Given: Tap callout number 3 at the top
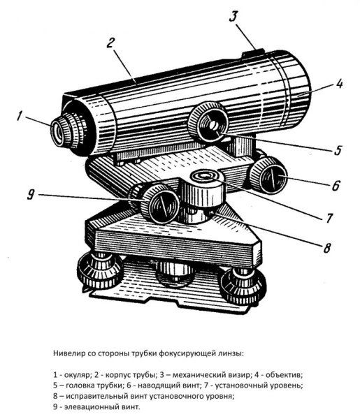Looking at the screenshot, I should click(x=236, y=15).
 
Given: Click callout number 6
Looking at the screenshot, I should click(x=336, y=187).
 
